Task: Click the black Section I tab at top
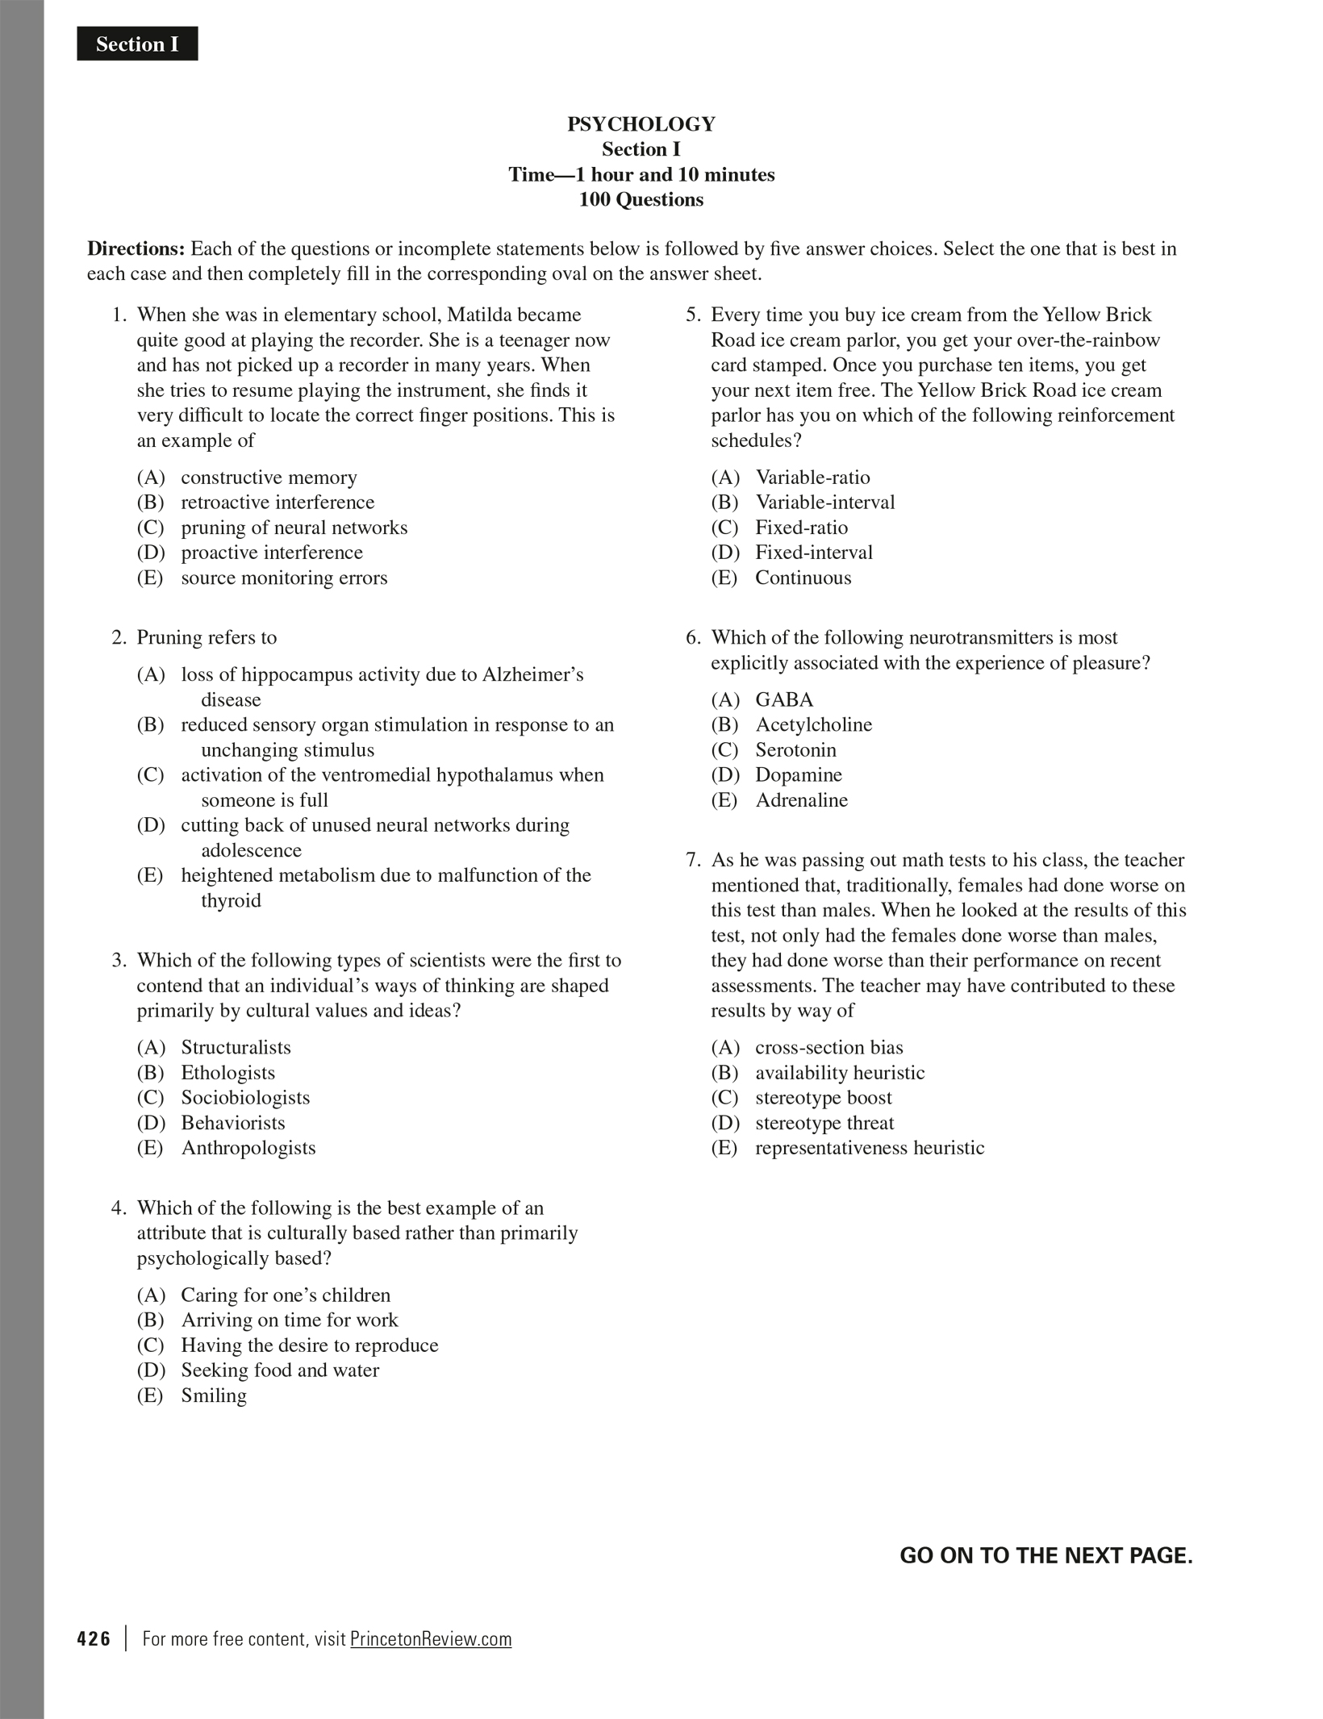(137, 44)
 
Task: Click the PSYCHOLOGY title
(641, 124)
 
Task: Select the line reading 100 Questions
(641, 200)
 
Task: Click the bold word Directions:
(136, 248)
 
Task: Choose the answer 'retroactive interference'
(278, 503)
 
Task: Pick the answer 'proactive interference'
(272, 553)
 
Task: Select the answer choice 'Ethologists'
(227, 1073)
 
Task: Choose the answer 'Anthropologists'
(248, 1148)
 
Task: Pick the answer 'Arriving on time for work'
(290, 1320)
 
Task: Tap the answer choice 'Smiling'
(214, 1396)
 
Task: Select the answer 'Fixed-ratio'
(801, 528)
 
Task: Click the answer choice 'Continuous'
(803, 578)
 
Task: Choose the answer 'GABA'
(784, 699)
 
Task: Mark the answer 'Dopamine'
(799, 775)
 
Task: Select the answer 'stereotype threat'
(824, 1123)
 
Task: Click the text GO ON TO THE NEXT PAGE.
(1045, 1556)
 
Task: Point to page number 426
(94, 1639)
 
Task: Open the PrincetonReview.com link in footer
(431, 1639)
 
